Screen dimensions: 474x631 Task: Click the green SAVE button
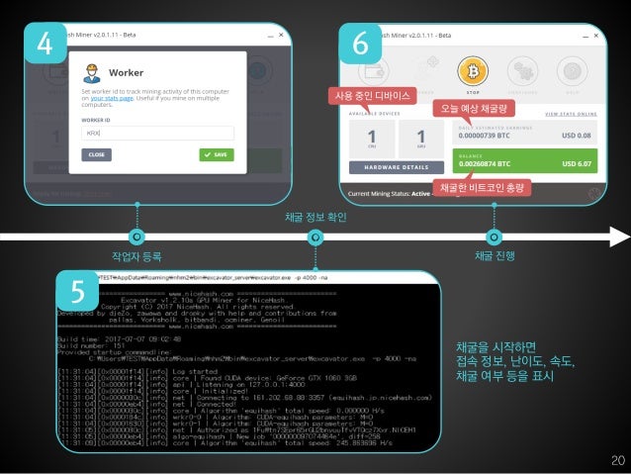216,154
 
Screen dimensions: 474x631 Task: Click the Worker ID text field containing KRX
156,133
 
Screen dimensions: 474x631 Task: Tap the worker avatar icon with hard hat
92,71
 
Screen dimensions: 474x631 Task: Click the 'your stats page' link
112,100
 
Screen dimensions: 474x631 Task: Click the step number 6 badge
360,44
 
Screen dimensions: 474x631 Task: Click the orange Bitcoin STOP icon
468,71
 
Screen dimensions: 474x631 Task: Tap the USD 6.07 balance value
577,163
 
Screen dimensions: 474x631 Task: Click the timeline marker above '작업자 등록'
137,237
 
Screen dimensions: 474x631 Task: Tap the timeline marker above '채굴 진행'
494,237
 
